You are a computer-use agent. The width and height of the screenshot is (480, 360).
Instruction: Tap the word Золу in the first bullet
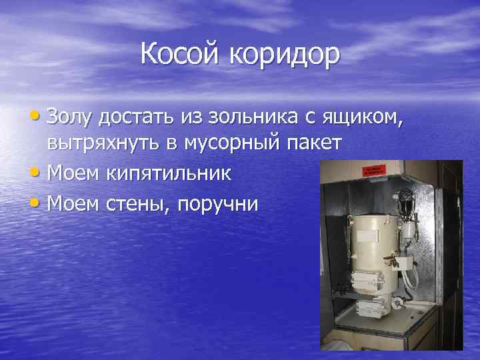pos(69,119)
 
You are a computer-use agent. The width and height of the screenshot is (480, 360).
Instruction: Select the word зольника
pos(245,119)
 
